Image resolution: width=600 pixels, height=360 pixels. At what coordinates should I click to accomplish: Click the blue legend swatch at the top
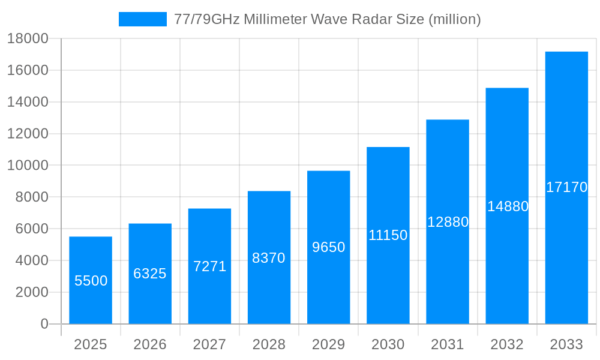tap(142, 19)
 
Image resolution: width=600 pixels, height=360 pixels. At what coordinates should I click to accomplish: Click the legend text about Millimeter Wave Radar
tap(327, 19)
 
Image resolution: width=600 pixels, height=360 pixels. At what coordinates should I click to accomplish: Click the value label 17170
tap(566, 187)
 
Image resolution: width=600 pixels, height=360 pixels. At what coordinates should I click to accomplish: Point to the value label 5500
tap(91, 281)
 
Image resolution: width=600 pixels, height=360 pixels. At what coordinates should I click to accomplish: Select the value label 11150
tap(388, 235)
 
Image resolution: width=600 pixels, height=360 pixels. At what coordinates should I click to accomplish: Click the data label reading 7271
tap(209, 266)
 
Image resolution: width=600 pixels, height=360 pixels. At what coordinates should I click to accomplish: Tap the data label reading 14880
tap(507, 206)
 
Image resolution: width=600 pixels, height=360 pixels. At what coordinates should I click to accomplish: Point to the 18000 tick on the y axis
tap(28, 39)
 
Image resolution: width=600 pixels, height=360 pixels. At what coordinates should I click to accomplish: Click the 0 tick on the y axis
tap(44, 324)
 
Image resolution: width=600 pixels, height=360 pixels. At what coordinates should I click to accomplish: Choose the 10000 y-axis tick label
tap(28, 166)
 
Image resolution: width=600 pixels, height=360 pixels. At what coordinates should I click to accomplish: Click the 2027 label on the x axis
tap(209, 344)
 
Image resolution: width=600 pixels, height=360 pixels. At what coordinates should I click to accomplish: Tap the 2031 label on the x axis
tap(447, 344)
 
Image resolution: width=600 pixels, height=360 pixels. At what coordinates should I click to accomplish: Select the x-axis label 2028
tap(269, 344)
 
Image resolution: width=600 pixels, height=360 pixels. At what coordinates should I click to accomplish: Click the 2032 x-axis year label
tap(507, 344)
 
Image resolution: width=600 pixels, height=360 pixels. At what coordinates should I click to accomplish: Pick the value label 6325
tap(150, 274)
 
